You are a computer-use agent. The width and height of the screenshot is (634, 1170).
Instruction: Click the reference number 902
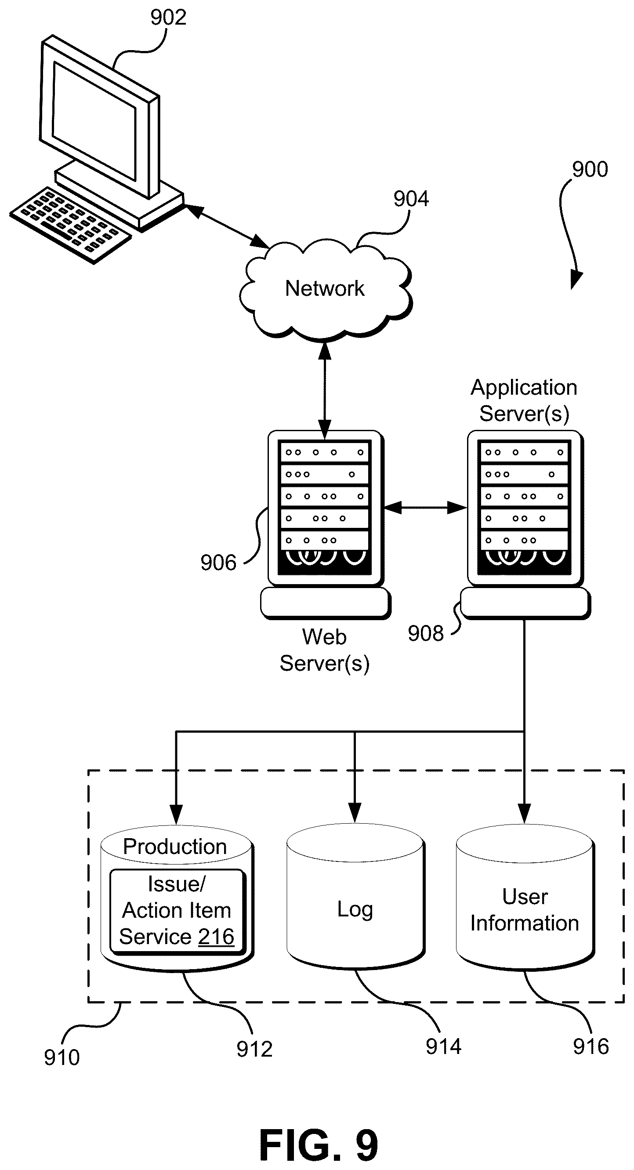(168, 17)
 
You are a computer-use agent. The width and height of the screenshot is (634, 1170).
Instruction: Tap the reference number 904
(411, 199)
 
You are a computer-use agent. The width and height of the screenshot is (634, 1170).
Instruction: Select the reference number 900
(590, 169)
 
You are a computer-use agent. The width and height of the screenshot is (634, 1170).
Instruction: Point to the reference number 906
(218, 563)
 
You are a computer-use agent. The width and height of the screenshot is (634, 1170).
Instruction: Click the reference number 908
(426, 634)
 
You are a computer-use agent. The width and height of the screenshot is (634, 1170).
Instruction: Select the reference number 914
(443, 1046)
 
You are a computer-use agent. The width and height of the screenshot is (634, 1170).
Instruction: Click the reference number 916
(591, 1046)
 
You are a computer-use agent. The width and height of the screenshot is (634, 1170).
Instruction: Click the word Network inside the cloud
(325, 288)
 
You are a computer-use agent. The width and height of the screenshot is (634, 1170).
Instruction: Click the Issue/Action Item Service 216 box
(178, 912)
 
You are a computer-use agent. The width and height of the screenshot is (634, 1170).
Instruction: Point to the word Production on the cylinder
(175, 847)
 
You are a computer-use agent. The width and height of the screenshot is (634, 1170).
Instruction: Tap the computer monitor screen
(94, 121)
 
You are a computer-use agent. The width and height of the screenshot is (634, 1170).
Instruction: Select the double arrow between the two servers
(426, 508)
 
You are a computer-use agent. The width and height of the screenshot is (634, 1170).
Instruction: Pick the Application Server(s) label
(524, 400)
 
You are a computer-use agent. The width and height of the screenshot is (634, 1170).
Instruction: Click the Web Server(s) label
(324, 650)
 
